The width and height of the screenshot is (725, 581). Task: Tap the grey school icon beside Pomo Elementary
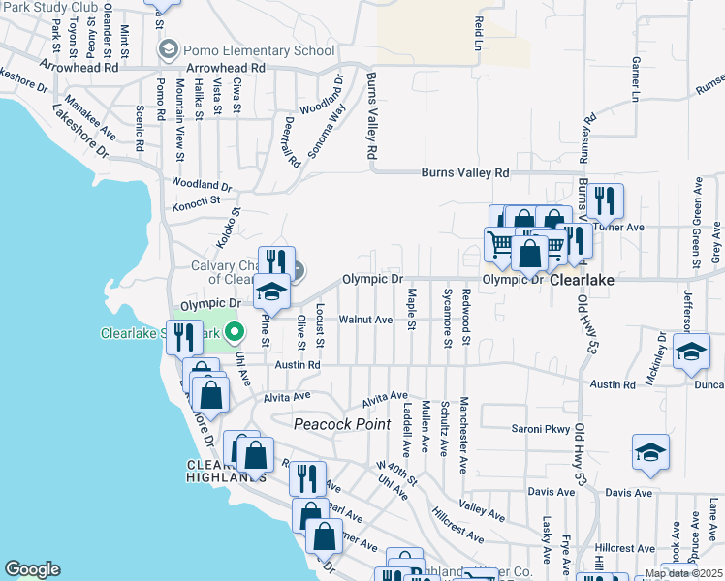pos(169,49)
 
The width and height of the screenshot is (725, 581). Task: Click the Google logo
pos(32,569)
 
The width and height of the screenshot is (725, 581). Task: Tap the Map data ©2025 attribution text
pos(683,573)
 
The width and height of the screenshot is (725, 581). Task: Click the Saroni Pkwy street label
pos(538,428)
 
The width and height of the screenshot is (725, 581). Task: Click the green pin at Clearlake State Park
pos(234,333)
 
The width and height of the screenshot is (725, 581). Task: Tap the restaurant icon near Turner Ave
pos(605,201)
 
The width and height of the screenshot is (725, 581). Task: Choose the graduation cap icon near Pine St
pos(271,290)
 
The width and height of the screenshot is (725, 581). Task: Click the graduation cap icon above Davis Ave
pos(650,450)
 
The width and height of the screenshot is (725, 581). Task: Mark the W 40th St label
pos(396,474)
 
